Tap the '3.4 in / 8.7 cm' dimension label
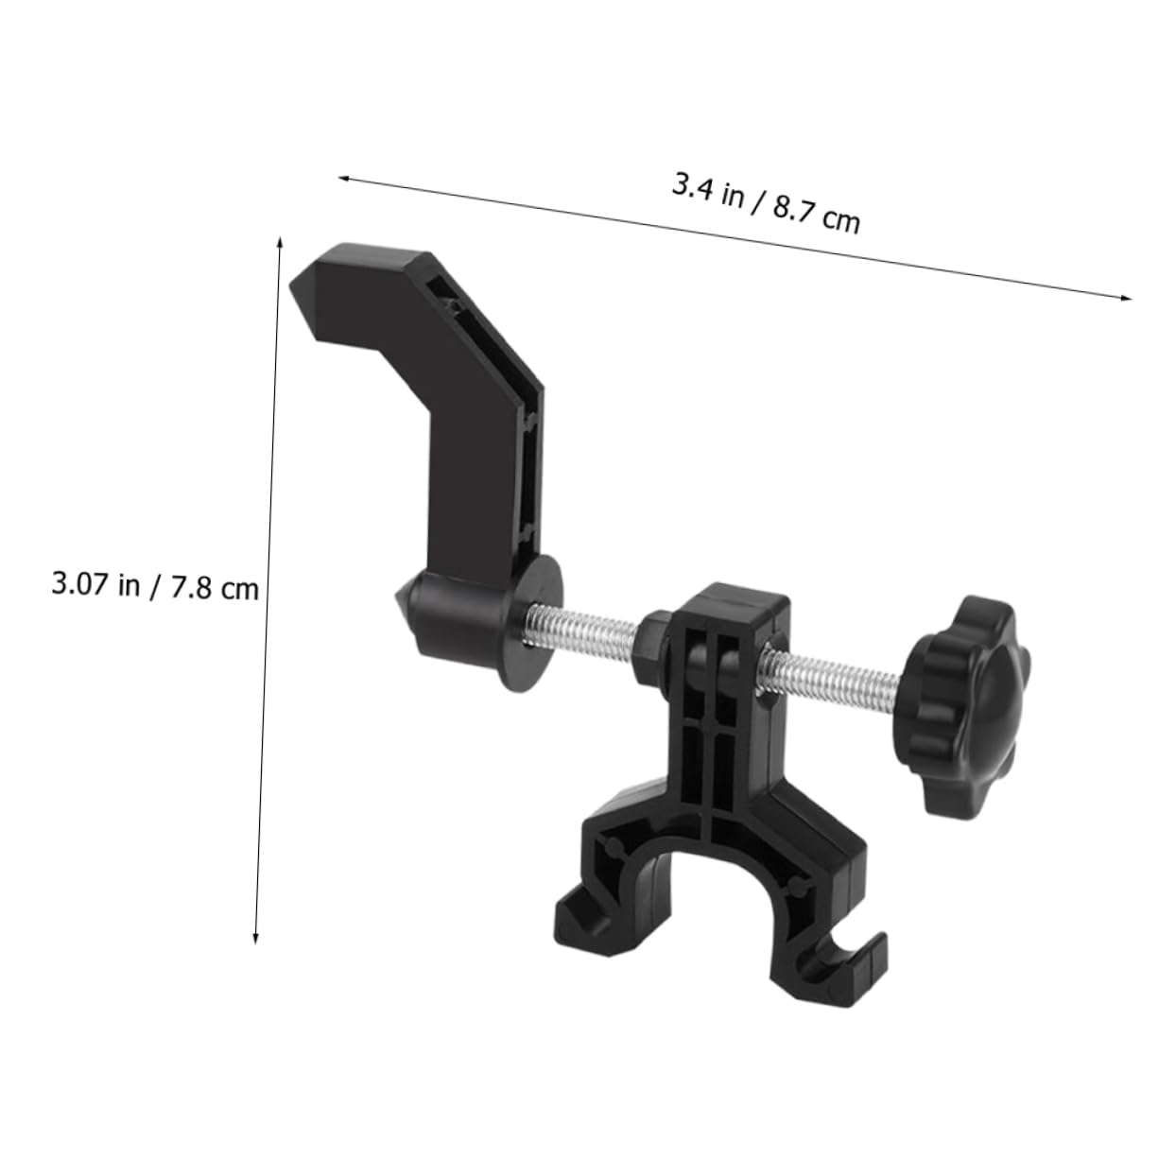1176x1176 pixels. pyautogui.click(x=766, y=203)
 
